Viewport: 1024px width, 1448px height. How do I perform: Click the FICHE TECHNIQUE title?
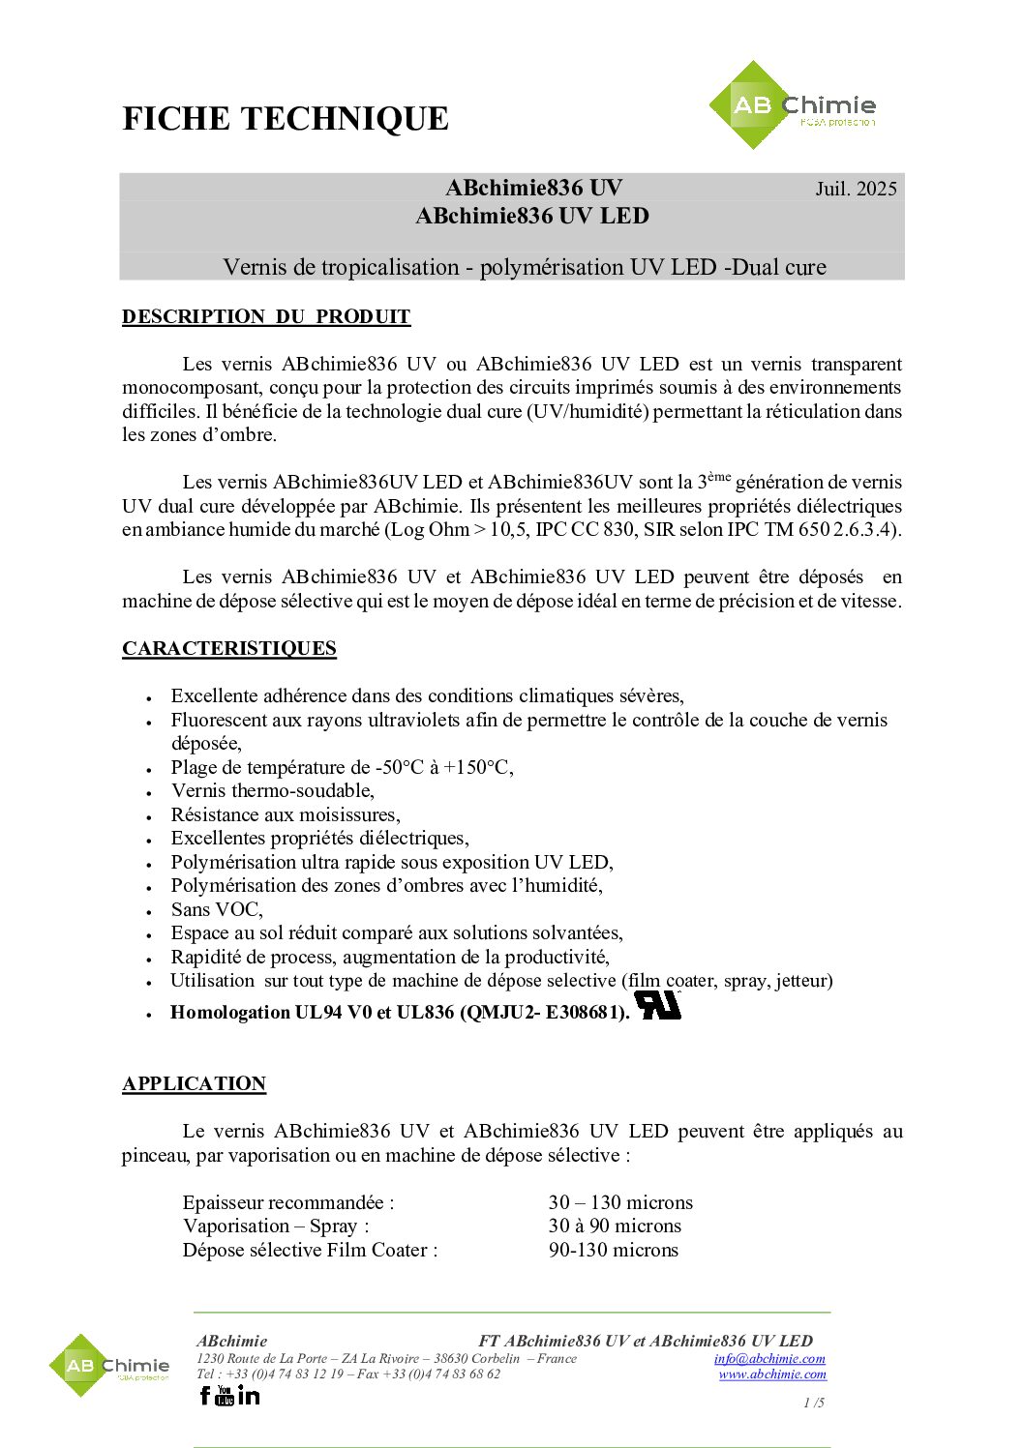(x=286, y=119)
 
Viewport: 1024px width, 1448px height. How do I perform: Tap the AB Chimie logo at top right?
(x=792, y=105)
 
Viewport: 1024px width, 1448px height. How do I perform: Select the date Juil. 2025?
(x=856, y=189)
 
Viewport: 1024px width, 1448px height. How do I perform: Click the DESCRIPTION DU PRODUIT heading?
(x=266, y=316)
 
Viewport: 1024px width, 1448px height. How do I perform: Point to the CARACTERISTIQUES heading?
(x=229, y=648)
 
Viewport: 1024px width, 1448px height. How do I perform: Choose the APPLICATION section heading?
(x=195, y=1083)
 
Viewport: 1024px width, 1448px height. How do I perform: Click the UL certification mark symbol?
(x=657, y=1005)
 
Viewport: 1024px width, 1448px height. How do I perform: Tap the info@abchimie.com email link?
(x=769, y=1359)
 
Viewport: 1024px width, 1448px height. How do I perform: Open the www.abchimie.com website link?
(x=772, y=1374)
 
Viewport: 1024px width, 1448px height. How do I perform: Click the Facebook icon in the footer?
(x=204, y=1395)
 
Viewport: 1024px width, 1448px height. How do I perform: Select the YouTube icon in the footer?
(x=225, y=1395)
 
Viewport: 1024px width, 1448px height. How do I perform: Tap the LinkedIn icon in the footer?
(x=249, y=1395)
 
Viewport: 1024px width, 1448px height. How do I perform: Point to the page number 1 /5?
(x=814, y=1403)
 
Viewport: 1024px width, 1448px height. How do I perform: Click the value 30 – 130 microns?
(x=620, y=1202)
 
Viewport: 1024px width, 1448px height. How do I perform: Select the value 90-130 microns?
(x=614, y=1250)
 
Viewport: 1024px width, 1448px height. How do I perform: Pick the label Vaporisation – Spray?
(x=276, y=1226)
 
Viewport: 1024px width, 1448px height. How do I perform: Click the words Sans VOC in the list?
(x=217, y=909)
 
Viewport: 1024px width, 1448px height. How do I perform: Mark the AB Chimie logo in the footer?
(x=109, y=1366)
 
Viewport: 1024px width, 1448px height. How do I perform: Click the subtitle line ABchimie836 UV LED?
(x=532, y=216)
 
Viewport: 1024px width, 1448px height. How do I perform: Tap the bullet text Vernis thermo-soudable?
(x=273, y=790)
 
